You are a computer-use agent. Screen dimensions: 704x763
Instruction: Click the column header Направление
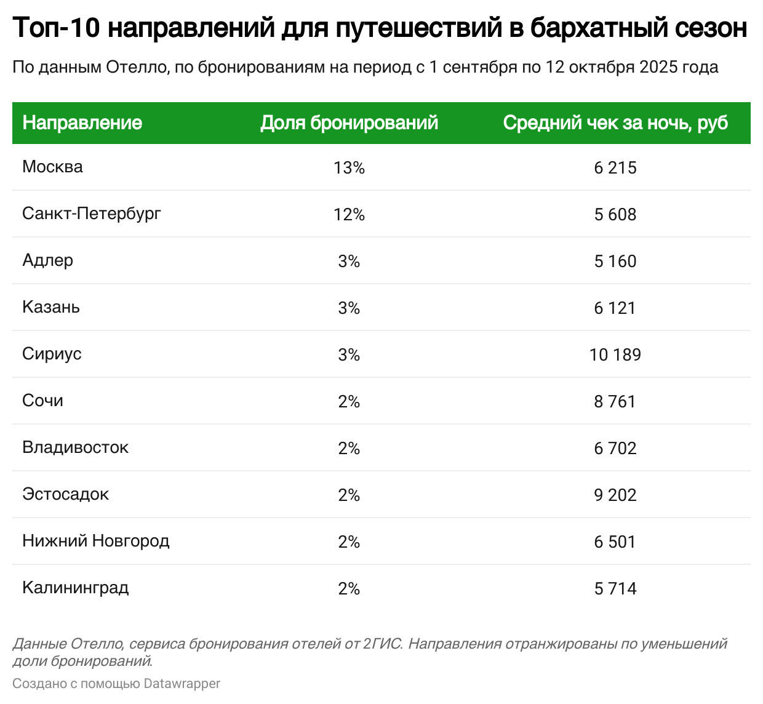click(x=82, y=122)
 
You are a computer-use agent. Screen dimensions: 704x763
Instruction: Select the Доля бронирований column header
click(x=349, y=122)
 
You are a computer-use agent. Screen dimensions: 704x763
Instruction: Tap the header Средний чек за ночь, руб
click(x=615, y=122)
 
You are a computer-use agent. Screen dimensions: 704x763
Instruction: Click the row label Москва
click(x=52, y=167)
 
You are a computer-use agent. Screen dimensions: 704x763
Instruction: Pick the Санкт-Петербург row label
click(x=92, y=214)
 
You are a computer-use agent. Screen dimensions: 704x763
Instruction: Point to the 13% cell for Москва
click(x=349, y=167)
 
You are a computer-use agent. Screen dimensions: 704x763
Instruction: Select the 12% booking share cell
click(x=349, y=214)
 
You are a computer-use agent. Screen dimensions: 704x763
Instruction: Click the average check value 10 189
click(x=615, y=354)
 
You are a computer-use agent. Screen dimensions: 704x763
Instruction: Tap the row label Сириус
click(x=52, y=354)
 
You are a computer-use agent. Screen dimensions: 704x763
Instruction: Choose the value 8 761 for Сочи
click(x=615, y=401)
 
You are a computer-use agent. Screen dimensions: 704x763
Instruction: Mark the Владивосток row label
click(x=75, y=447)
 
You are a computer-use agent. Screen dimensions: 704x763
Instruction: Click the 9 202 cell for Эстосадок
click(x=615, y=495)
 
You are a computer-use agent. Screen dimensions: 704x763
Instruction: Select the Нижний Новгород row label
click(x=95, y=541)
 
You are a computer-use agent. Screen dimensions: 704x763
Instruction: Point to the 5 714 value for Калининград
click(x=615, y=588)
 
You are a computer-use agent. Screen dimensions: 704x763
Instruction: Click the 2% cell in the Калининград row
click(x=349, y=588)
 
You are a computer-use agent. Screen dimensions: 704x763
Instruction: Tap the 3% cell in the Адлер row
click(x=349, y=261)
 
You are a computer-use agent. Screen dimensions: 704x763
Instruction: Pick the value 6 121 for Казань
click(x=615, y=308)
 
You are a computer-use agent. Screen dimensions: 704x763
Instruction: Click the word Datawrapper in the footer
click(x=182, y=683)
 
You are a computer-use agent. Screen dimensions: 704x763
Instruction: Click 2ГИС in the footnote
click(x=382, y=644)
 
